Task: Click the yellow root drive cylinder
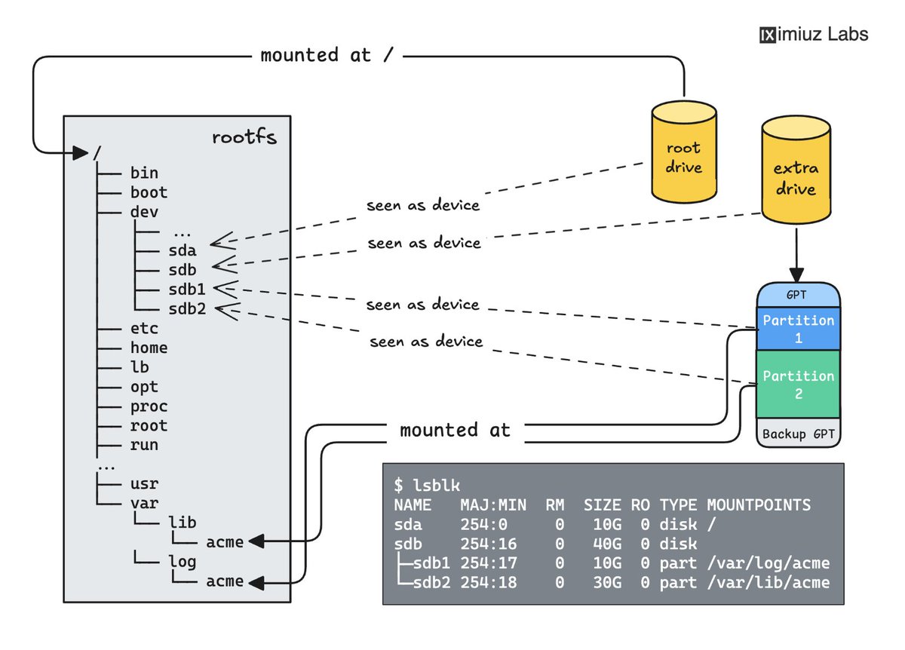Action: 684,152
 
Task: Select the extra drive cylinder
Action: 796,170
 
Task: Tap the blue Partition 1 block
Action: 799,329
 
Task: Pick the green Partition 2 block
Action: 799,384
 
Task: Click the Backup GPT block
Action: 799,433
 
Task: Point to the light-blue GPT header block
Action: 799,295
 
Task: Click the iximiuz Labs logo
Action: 814,35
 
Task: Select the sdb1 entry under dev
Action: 187,290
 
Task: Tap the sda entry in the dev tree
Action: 183,250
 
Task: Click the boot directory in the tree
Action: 149,192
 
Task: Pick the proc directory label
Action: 149,406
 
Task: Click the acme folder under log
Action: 225,581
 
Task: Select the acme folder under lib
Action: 225,542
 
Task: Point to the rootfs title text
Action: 244,137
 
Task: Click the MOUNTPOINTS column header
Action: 759,505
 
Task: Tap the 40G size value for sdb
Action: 607,544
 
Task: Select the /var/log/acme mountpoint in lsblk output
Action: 768,563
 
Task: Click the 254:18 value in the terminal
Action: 489,583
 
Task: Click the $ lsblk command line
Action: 427,485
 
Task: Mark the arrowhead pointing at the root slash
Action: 81,153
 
